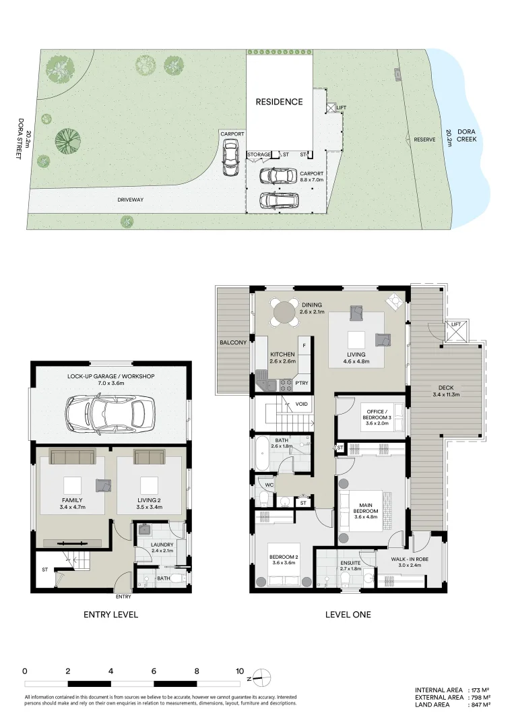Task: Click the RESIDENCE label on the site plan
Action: (279, 102)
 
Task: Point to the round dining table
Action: (284, 313)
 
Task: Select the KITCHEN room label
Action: (282, 355)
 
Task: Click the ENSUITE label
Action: (350, 562)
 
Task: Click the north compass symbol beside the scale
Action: (262, 677)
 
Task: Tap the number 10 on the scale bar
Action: (239, 671)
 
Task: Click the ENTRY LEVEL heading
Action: (110, 614)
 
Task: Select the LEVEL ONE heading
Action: (348, 614)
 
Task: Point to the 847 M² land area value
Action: (480, 705)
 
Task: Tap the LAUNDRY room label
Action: (162, 545)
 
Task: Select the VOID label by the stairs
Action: (301, 404)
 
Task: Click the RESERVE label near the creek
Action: (424, 140)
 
